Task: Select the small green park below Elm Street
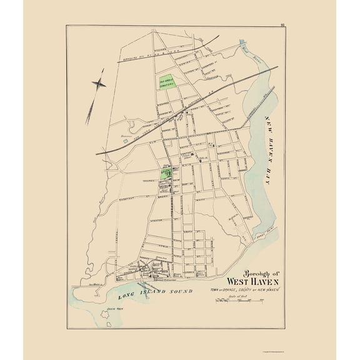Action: coord(165,172)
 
